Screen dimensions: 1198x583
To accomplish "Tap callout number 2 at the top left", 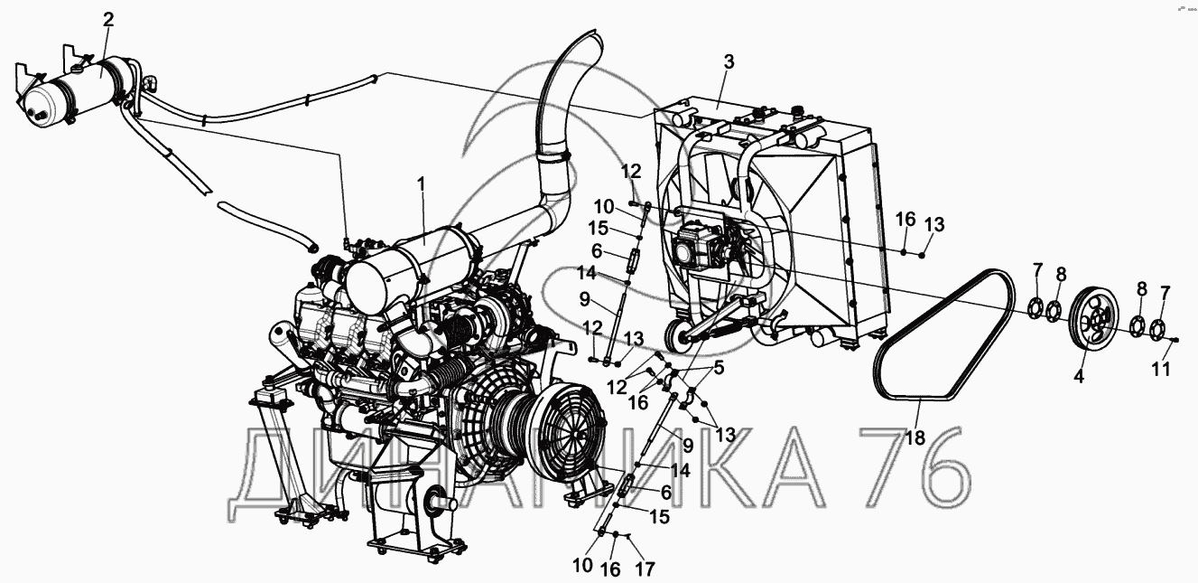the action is click(x=108, y=21).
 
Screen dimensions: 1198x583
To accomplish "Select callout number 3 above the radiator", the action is click(x=729, y=61).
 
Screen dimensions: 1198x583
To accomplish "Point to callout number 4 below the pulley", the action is click(x=1078, y=377).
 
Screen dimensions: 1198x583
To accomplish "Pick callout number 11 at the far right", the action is click(x=1161, y=369).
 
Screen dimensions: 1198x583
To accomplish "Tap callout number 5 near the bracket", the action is click(x=719, y=367).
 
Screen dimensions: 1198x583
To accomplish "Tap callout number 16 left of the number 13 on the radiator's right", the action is click(x=905, y=220).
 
